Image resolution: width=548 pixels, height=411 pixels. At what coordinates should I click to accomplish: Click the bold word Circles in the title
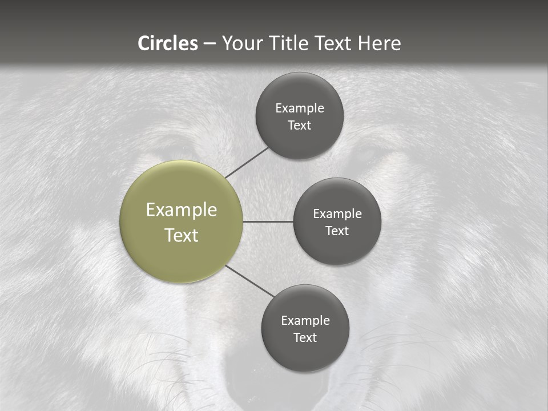click(x=167, y=43)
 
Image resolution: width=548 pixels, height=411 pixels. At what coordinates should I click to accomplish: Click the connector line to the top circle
click(x=247, y=162)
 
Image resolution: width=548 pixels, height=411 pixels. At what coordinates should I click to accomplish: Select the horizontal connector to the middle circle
click(x=268, y=221)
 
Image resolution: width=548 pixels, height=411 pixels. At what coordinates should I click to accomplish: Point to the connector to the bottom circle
click(x=250, y=281)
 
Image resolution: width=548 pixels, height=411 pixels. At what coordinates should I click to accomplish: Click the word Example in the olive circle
click(x=181, y=210)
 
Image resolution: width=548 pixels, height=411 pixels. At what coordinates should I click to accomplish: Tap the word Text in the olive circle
click(x=181, y=235)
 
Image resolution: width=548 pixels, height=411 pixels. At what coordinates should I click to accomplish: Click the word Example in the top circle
click(x=300, y=108)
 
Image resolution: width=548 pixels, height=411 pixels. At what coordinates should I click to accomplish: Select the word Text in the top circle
click(x=300, y=126)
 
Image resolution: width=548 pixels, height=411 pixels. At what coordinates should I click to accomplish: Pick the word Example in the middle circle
click(x=337, y=214)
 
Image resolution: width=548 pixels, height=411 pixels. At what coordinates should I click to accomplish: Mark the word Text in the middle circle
click(x=337, y=231)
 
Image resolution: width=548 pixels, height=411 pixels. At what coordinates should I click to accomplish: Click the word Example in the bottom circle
click(x=305, y=321)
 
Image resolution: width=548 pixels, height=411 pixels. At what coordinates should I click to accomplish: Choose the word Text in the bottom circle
click(x=305, y=338)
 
